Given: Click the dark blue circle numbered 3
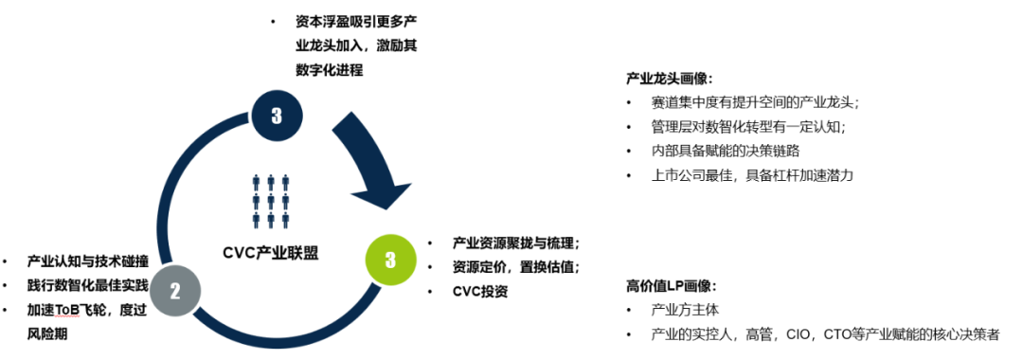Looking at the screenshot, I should point(276,116).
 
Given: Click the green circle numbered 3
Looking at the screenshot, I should point(389,260).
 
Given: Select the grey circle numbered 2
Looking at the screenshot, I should point(174,292).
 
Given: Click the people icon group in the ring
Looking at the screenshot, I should point(271,201).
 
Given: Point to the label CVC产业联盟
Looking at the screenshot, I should point(271,252).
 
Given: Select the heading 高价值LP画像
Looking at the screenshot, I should point(671,285).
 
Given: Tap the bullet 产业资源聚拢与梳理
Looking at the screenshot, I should point(515,242).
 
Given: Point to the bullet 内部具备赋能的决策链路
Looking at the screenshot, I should point(727,151).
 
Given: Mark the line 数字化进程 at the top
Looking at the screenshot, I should point(329,69).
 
